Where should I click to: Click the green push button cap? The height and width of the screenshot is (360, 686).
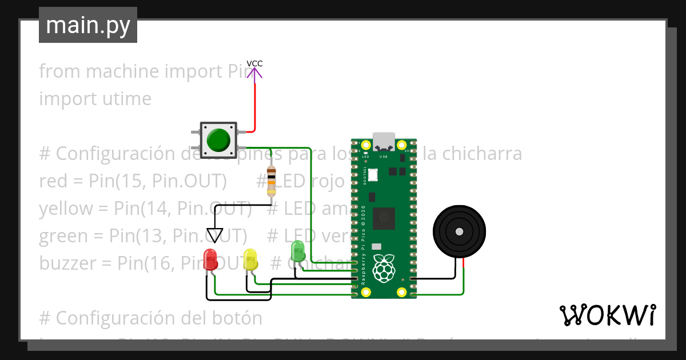[218, 139]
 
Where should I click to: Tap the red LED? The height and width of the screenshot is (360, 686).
[210, 259]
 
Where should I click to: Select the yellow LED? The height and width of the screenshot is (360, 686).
[250, 259]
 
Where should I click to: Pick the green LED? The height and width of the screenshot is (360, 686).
[298, 251]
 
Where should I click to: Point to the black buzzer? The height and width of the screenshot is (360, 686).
[459, 231]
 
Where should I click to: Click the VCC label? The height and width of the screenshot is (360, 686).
[254, 63]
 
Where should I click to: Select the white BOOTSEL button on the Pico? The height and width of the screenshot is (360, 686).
[373, 174]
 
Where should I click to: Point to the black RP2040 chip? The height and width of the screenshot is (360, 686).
[383, 218]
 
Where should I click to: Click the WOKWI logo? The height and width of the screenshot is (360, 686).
[607, 315]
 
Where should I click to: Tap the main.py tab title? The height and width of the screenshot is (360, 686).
[88, 25]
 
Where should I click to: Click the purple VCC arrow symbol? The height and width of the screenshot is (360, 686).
[254, 74]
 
